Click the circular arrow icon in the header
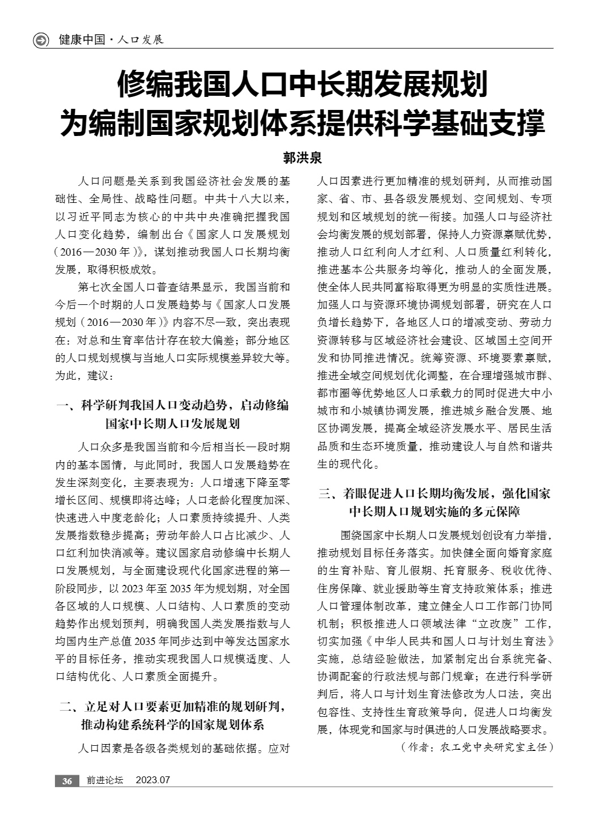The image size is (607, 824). point(41,40)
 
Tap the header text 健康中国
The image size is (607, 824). point(82,40)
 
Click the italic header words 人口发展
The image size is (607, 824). point(139,40)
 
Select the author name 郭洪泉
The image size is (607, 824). point(303,158)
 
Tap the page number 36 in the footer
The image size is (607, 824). point(67,781)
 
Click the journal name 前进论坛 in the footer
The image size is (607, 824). point(105,781)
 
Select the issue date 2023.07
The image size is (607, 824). point(153,781)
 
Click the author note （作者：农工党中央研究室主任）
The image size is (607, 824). point(477,747)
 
